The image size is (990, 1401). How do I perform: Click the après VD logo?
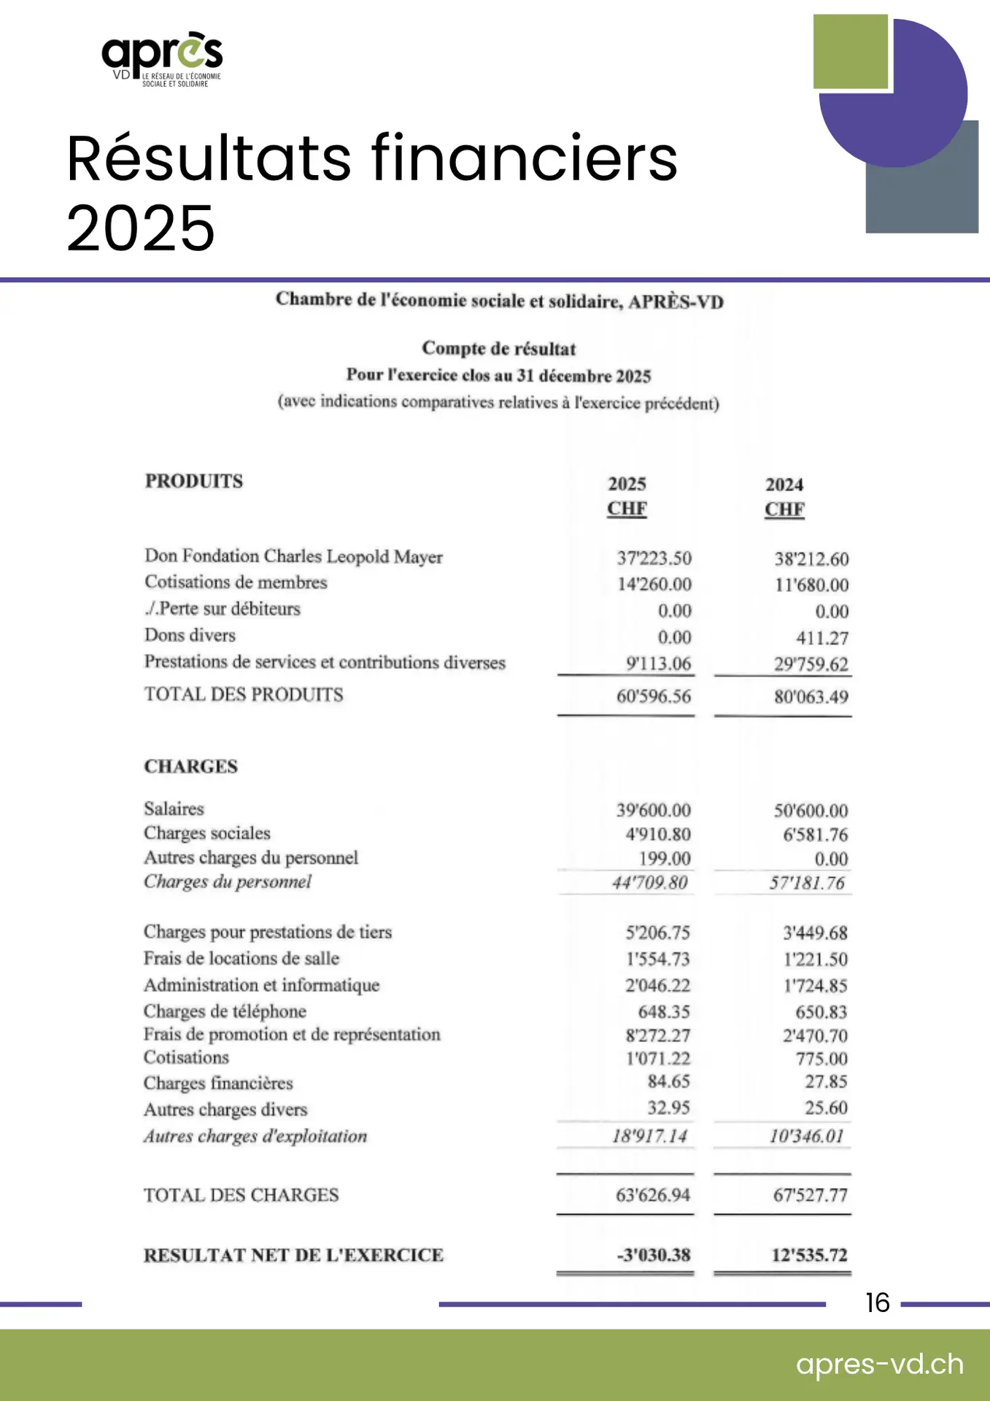tap(162, 58)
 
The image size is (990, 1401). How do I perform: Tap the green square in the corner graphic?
tap(850, 51)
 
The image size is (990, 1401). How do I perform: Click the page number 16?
tap(877, 1302)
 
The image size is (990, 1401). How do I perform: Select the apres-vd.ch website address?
tap(879, 1364)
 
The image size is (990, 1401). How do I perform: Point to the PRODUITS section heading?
tap(194, 482)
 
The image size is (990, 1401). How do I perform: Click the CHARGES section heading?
tap(191, 766)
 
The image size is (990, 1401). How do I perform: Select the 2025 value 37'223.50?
tap(654, 558)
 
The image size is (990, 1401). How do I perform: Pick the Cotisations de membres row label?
tap(236, 582)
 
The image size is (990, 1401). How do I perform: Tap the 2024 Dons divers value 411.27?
tap(822, 638)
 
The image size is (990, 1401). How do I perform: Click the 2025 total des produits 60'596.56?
tap(653, 696)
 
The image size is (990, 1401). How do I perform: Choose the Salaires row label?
tap(174, 808)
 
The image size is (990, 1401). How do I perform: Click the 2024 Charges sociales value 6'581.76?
tap(815, 834)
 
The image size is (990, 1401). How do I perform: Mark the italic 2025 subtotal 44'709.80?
tap(649, 883)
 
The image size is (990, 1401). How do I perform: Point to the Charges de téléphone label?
tap(225, 1011)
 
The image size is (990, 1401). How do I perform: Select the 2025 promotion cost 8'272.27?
tap(657, 1035)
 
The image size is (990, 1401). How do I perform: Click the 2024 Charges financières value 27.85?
tap(826, 1081)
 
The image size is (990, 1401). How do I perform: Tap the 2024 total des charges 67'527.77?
tap(810, 1195)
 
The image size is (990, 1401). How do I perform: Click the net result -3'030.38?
tap(653, 1255)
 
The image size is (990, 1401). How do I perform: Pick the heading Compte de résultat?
tap(499, 349)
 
